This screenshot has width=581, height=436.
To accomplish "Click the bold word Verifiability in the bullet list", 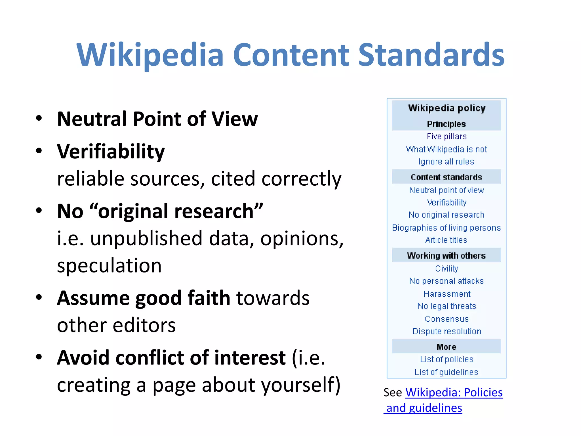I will tap(111, 152).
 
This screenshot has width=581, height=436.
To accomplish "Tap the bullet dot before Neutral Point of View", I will tap(39, 118).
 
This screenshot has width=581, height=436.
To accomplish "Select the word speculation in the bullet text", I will tap(109, 266).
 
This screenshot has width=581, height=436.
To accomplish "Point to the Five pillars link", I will tap(447, 137).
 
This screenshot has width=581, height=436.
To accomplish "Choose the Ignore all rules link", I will tap(446, 162).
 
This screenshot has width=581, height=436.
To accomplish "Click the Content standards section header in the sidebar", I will tap(446, 177).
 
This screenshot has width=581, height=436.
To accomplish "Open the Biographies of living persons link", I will tap(446, 228).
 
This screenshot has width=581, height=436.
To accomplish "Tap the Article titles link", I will tap(446, 240).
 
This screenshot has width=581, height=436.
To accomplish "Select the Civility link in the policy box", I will tap(447, 269).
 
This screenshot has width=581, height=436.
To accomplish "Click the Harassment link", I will tap(447, 294).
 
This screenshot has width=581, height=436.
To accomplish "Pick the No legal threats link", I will tap(447, 306).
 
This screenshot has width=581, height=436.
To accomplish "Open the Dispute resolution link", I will tap(447, 331).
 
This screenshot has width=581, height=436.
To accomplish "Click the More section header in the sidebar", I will tap(446, 347).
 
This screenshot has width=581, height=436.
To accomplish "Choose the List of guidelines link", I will tap(446, 372).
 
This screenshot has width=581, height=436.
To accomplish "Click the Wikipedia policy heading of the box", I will tap(447, 108).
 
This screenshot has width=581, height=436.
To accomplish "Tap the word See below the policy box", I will tap(393, 393).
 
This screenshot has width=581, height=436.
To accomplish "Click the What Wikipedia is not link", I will tap(446, 149).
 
